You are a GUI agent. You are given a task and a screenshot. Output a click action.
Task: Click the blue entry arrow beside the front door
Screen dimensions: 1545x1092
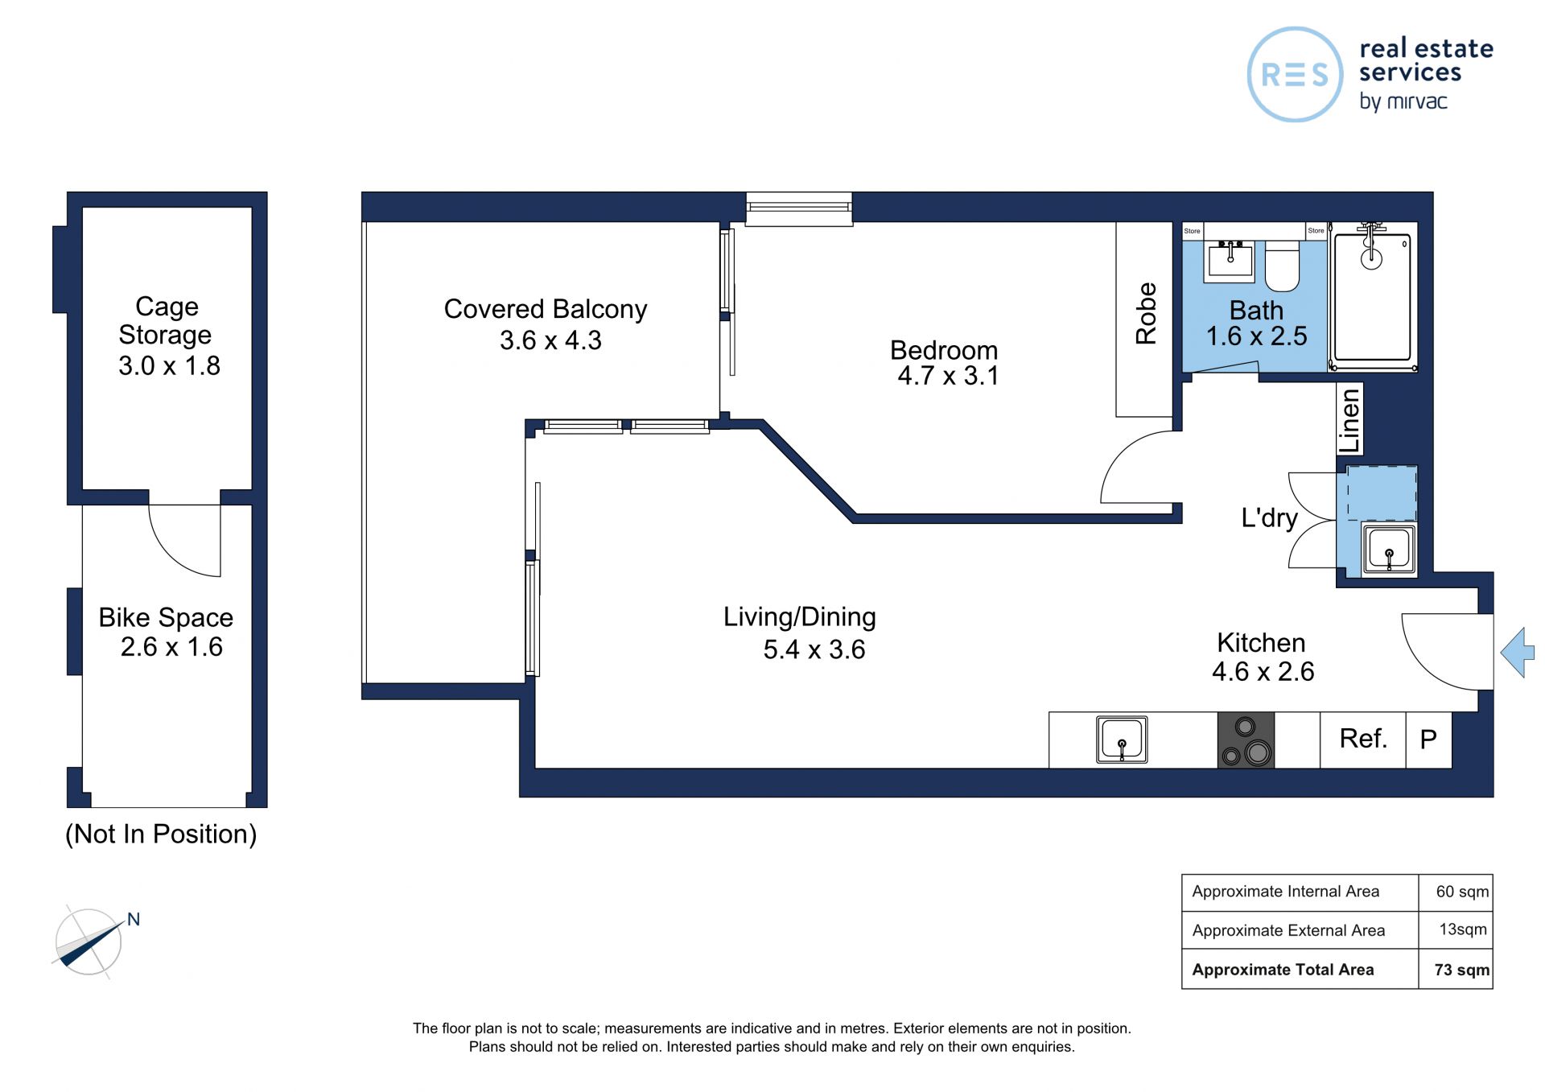[1518, 653]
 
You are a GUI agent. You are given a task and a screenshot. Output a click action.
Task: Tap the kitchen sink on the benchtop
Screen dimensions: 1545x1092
[1122, 740]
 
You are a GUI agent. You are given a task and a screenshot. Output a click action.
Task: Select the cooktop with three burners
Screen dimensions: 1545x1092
[1246, 740]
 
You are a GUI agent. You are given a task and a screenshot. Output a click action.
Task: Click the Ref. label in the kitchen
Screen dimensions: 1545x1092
[1363, 738]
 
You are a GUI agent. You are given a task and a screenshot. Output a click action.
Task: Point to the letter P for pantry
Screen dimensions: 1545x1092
[1428, 739]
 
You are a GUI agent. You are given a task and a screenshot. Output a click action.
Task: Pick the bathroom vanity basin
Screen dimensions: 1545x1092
[1229, 260]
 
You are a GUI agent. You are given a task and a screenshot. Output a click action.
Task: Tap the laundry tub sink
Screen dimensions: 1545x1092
[1389, 550]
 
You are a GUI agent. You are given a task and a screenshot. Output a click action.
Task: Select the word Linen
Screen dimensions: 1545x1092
[1349, 419]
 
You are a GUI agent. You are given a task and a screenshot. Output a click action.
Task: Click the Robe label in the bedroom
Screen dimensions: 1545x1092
[1146, 313]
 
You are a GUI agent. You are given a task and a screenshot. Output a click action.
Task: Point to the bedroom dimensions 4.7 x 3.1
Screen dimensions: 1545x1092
[948, 376]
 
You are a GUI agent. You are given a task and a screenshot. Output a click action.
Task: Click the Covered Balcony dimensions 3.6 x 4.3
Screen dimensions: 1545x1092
[550, 340]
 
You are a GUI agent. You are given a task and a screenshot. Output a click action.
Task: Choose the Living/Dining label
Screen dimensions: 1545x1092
[800, 617]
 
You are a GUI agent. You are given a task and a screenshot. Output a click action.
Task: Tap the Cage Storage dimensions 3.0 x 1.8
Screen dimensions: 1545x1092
[169, 366]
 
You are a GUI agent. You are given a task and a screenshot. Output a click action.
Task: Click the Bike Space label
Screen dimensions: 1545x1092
[166, 617]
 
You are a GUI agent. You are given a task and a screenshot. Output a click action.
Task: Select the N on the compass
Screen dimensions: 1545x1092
[134, 919]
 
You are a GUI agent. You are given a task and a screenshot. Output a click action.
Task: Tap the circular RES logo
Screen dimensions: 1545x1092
[1295, 75]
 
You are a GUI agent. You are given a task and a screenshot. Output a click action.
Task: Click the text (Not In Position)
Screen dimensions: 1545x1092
[161, 834]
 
